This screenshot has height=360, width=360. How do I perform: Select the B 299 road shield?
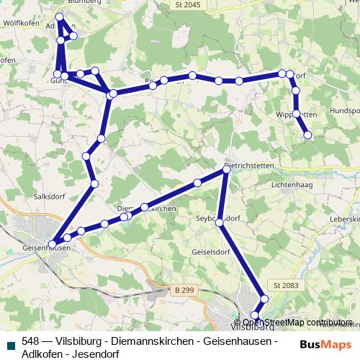pyautogui.click(x=184, y=289)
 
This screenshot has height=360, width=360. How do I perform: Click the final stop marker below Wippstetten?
pyautogui.click(x=309, y=135)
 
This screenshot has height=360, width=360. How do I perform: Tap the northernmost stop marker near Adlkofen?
pyautogui.click(x=59, y=17)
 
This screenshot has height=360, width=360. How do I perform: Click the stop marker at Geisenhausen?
pyautogui.click(x=52, y=243)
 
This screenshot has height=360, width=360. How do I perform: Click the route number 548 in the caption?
pyautogui.click(x=30, y=341)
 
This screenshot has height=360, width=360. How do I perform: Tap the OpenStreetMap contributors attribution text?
pyautogui.click(x=292, y=322)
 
